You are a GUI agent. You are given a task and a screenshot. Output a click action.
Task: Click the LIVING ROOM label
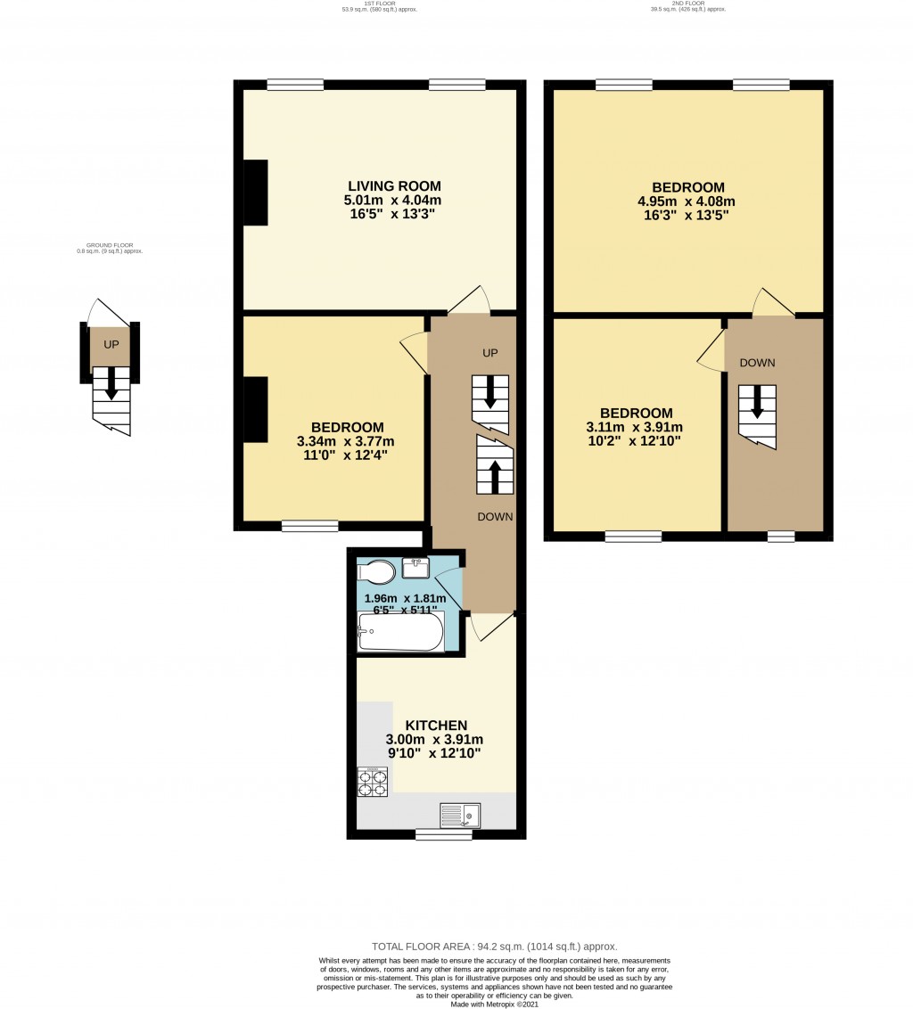click(394, 186)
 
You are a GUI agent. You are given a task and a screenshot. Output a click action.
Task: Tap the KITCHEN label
click(437, 726)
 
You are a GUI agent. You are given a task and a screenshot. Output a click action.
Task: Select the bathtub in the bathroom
click(400, 632)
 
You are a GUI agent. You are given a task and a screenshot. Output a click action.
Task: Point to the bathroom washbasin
click(416, 566)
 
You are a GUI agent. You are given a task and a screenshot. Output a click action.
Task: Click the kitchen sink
click(460, 815)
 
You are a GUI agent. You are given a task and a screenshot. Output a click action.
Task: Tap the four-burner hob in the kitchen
click(373, 782)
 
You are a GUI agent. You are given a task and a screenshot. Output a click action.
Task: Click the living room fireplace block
click(256, 193)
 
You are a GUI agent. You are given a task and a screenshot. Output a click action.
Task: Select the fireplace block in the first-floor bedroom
click(256, 409)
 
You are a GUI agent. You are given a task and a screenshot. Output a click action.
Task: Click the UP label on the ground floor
click(111, 344)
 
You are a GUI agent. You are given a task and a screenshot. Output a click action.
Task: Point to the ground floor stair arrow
click(111, 383)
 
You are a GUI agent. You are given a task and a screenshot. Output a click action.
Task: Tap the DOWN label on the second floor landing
click(757, 363)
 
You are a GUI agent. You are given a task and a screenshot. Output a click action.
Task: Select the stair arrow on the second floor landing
click(757, 403)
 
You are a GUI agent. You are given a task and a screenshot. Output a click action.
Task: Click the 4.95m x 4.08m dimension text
click(687, 201)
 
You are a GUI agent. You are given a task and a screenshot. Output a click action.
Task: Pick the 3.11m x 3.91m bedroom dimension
click(636, 427)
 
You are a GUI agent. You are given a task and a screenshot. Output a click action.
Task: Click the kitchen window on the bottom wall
click(443, 835)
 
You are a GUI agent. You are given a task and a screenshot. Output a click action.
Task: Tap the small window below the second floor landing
click(781, 537)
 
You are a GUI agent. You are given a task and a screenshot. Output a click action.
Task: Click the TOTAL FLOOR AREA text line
click(494, 947)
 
